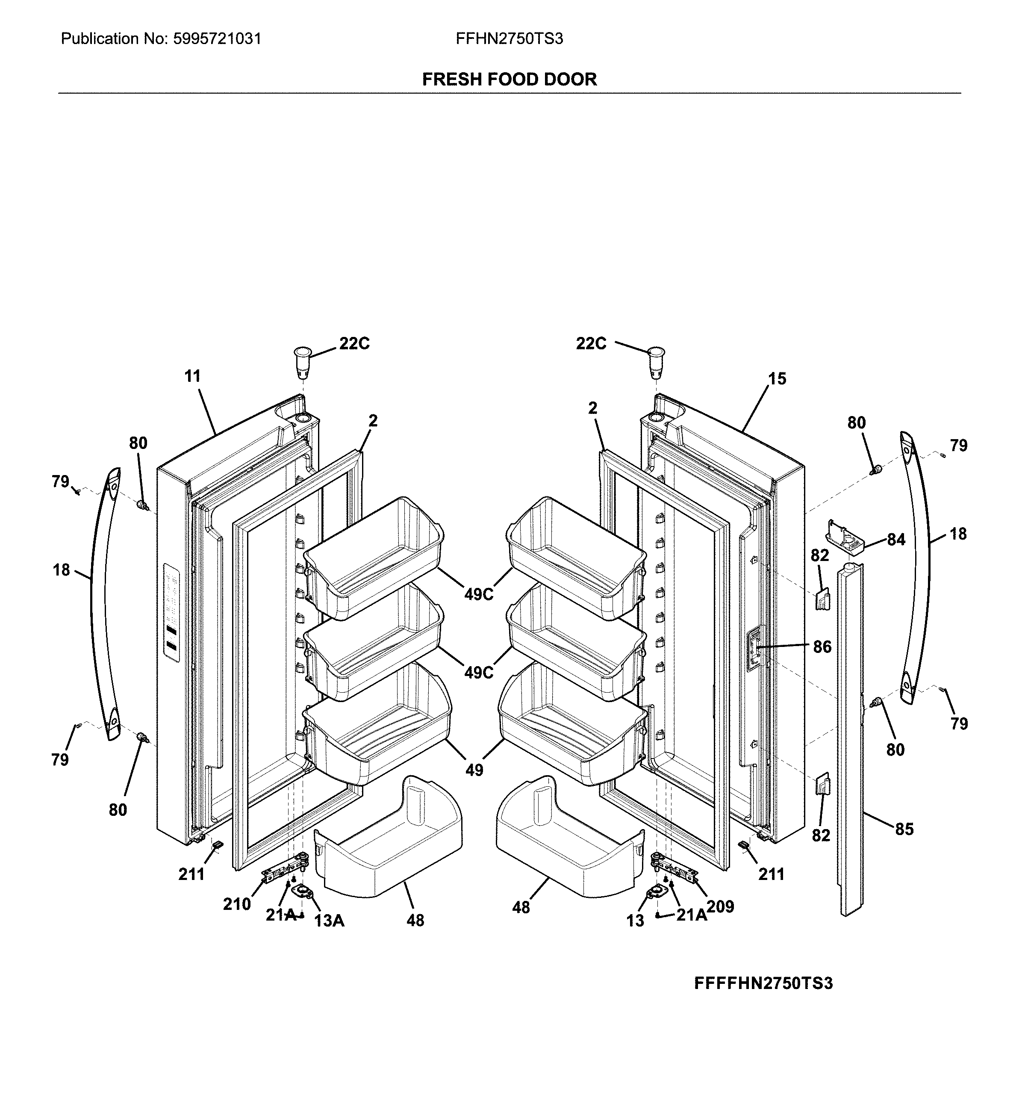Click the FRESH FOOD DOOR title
pyautogui.click(x=509, y=80)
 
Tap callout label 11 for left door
pyautogui.click(x=192, y=376)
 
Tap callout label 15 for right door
pyautogui.click(x=777, y=378)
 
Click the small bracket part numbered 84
pyautogui.click(x=845, y=537)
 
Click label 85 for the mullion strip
pyautogui.click(x=904, y=844)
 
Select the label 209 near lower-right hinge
pyautogui.click(x=720, y=906)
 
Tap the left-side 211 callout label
pyautogui.click(x=191, y=874)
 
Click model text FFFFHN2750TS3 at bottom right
pyautogui.click(x=763, y=983)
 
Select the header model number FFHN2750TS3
pyautogui.click(x=509, y=39)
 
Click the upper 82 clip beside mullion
pyautogui.click(x=822, y=599)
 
